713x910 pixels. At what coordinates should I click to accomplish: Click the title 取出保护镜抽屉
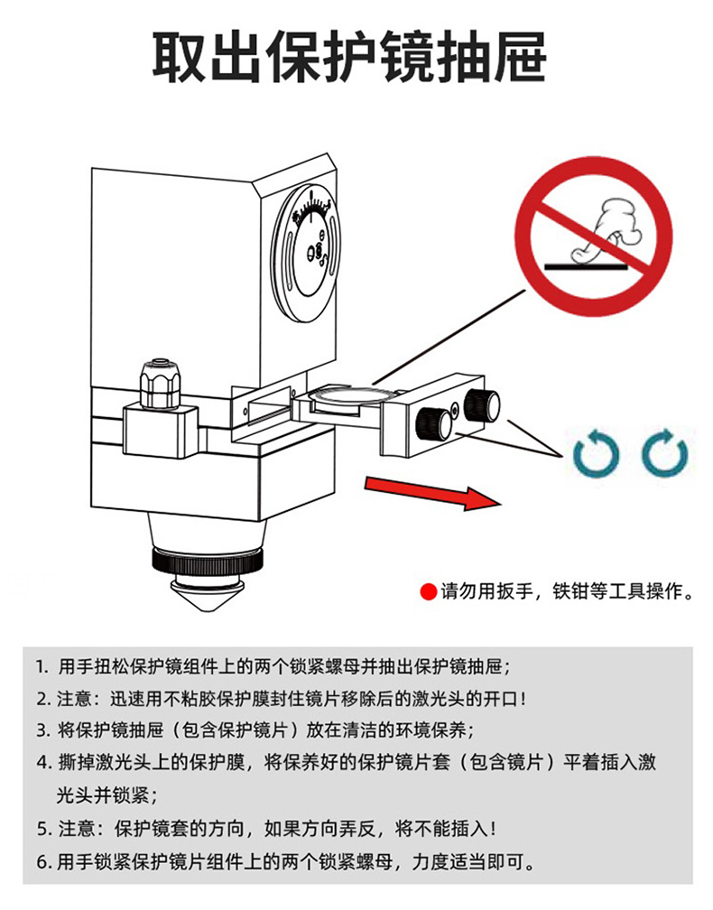(x=350, y=58)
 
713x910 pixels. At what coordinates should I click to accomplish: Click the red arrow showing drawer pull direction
(x=432, y=492)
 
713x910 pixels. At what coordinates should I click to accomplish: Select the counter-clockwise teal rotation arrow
(x=596, y=453)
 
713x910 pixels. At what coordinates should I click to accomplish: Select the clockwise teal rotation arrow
(x=665, y=452)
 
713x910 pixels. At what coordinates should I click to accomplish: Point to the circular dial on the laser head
(x=306, y=253)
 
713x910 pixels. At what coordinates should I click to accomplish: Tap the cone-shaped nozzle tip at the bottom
(x=206, y=594)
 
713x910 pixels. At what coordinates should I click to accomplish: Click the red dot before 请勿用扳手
(x=428, y=592)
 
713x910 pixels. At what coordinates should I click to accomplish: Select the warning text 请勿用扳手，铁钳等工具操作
(x=568, y=591)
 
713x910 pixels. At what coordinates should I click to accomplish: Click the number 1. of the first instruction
(x=42, y=667)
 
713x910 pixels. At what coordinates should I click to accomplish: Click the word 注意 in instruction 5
(x=76, y=829)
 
